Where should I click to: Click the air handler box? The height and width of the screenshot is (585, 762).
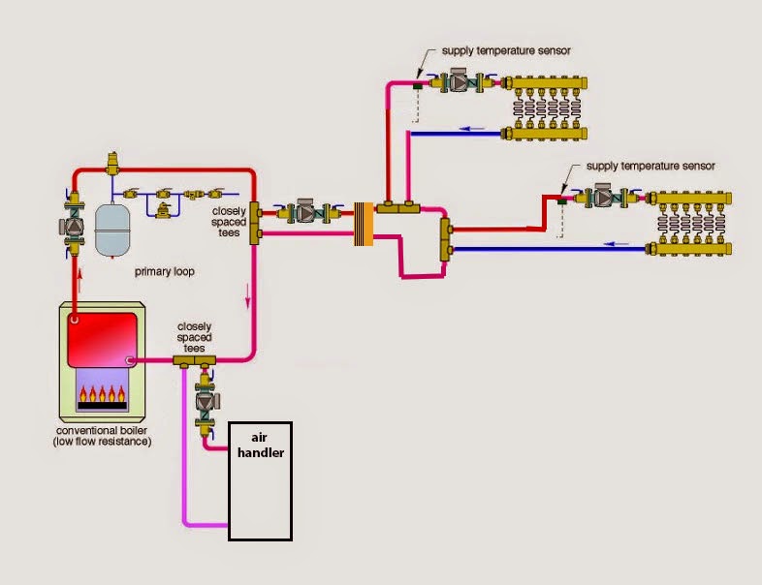click(260, 479)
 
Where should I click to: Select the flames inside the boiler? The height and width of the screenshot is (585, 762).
click(102, 395)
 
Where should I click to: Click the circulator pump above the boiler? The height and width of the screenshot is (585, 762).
click(74, 225)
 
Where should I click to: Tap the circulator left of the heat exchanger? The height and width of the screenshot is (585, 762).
click(308, 212)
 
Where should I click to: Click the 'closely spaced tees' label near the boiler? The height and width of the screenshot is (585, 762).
click(196, 338)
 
